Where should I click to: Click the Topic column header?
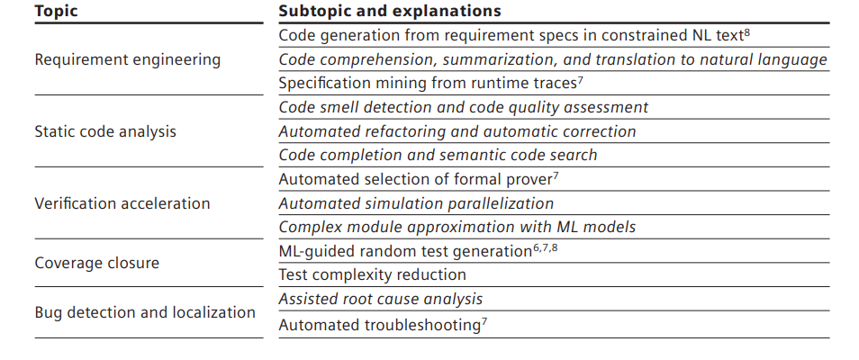[x=56, y=11]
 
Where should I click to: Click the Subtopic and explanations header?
[x=390, y=11]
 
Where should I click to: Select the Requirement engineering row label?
[x=128, y=59]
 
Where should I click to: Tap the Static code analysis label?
[x=105, y=131]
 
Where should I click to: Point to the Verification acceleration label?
[x=122, y=203]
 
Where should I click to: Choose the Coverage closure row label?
[x=97, y=263]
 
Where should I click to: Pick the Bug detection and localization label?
[x=145, y=312]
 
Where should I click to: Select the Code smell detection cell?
[x=464, y=107]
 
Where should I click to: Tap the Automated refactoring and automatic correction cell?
[x=457, y=131]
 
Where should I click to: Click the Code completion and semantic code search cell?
[x=438, y=155]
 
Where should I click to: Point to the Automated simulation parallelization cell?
[x=416, y=203]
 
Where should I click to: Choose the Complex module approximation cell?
[x=457, y=227]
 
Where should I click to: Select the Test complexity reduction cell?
[x=373, y=274]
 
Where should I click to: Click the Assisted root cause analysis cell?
[x=381, y=299]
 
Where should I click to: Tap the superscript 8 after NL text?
[x=747, y=32]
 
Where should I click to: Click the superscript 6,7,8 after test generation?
[x=546, y=248]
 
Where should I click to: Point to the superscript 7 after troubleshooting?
[x=484, y=322]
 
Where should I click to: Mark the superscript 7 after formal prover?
[x=556, y=176]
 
